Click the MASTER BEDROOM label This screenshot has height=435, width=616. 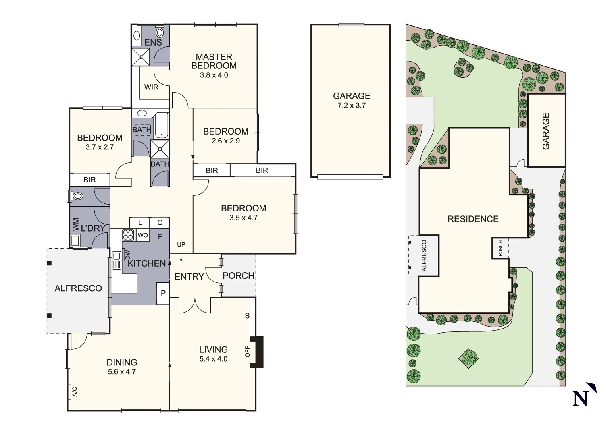click(214, 61)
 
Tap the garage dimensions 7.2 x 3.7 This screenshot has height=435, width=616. click(352, 106)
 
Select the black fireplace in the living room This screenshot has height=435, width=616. click(256, 352)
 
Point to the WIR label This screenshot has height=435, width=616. click(151, 87)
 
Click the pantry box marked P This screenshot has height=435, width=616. click(163, 293)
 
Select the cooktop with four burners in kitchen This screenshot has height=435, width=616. click(128, 234)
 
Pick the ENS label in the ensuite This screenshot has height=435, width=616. click(153, 42)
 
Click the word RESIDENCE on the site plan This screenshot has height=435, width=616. click(473, 219)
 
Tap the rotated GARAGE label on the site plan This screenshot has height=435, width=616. click(546, 131)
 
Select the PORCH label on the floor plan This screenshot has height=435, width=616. click(238, 275)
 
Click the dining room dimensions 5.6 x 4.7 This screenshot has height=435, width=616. click(122, 372)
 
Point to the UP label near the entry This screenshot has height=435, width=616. click(181, 245)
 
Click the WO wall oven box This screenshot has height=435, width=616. click(143, 235)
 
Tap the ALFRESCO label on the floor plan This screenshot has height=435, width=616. click(78, 288)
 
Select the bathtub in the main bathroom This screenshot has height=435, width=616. click(162, 125)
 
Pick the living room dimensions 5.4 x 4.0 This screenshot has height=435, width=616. click(213, 359)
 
